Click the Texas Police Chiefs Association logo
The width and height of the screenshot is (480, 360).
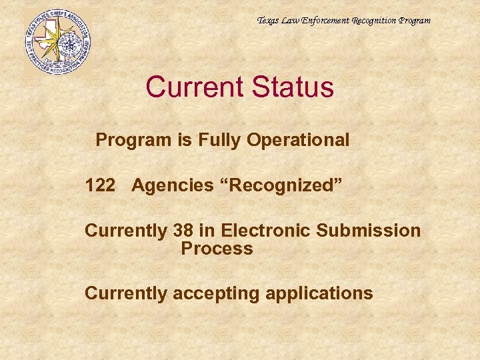57,41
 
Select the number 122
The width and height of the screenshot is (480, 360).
100,185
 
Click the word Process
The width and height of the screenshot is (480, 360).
217,249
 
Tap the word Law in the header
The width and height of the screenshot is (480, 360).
291,21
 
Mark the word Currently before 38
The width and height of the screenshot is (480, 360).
126,231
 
